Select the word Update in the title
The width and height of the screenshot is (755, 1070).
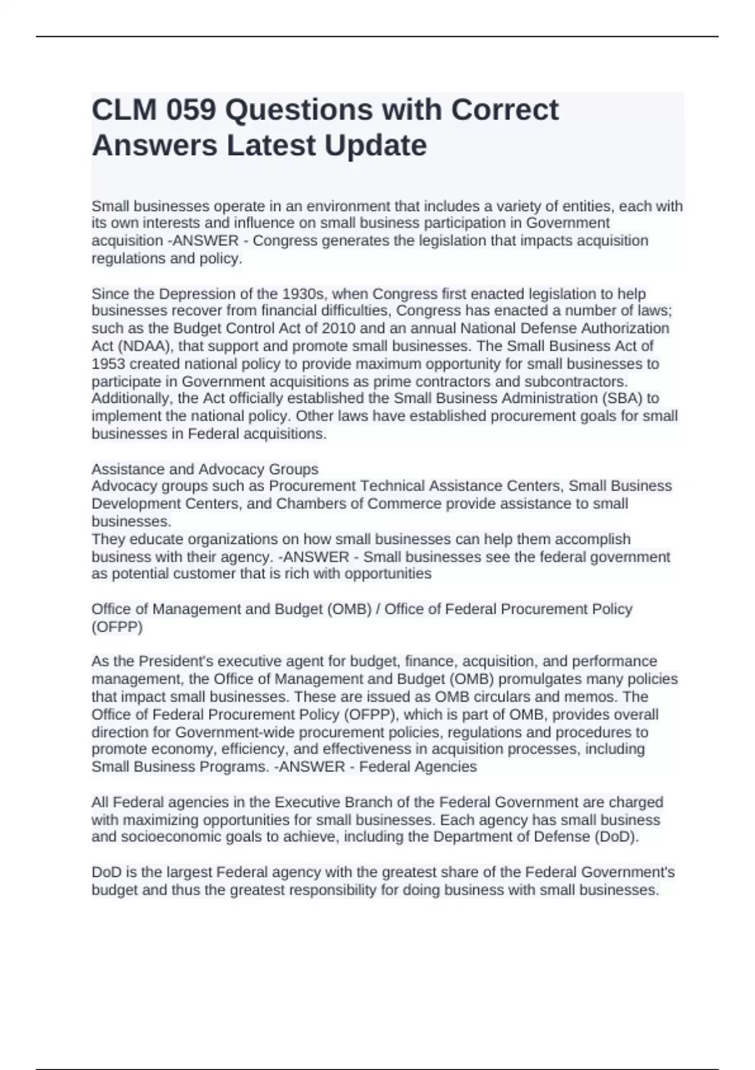(x=376, y=146)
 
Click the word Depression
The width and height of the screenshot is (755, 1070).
(x=193, y=294)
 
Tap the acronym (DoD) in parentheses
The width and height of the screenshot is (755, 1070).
(x=615, y=837)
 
